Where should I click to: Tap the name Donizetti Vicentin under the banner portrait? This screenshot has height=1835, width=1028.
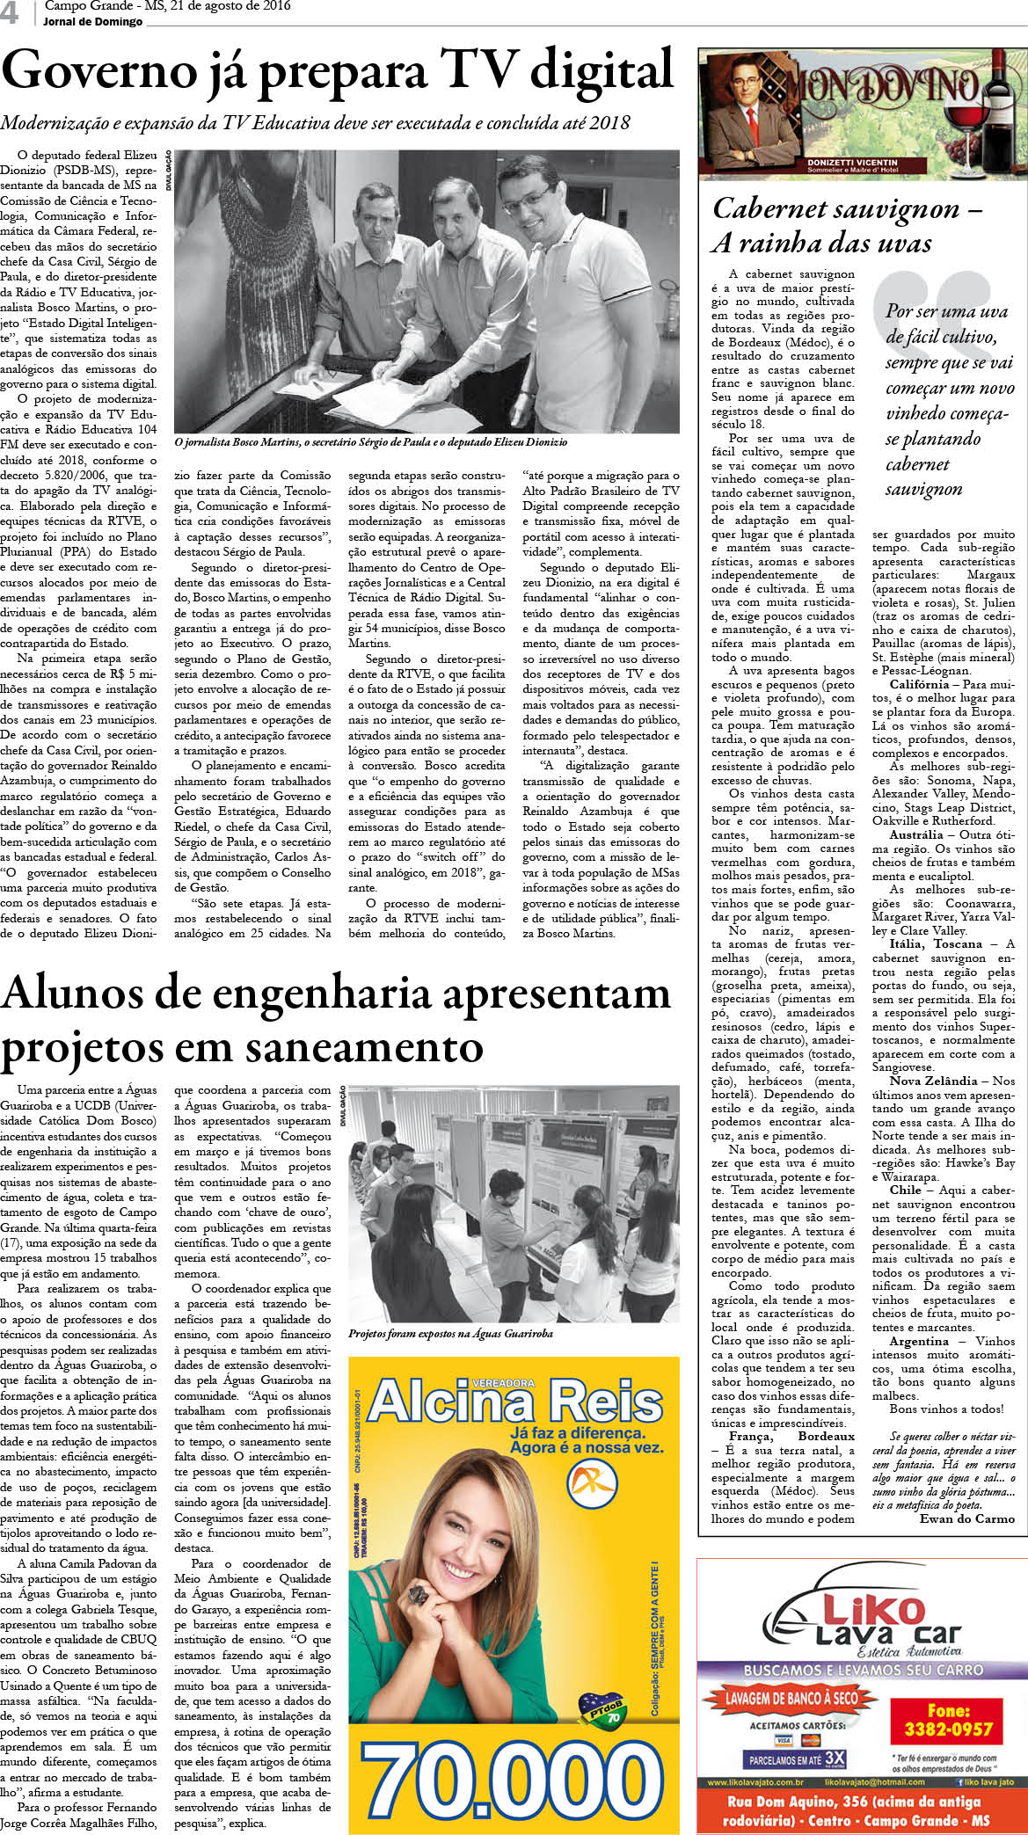click(852, 163)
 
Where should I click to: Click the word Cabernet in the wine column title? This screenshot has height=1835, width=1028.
click(768, 209)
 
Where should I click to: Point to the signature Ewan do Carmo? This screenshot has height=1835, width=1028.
click(966, 1518)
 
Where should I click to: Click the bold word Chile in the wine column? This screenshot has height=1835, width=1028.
click(905, 1191)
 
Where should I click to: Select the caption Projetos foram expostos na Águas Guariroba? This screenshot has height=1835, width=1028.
click(450, 1334)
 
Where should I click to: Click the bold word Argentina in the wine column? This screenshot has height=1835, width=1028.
click(919, 1342)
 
